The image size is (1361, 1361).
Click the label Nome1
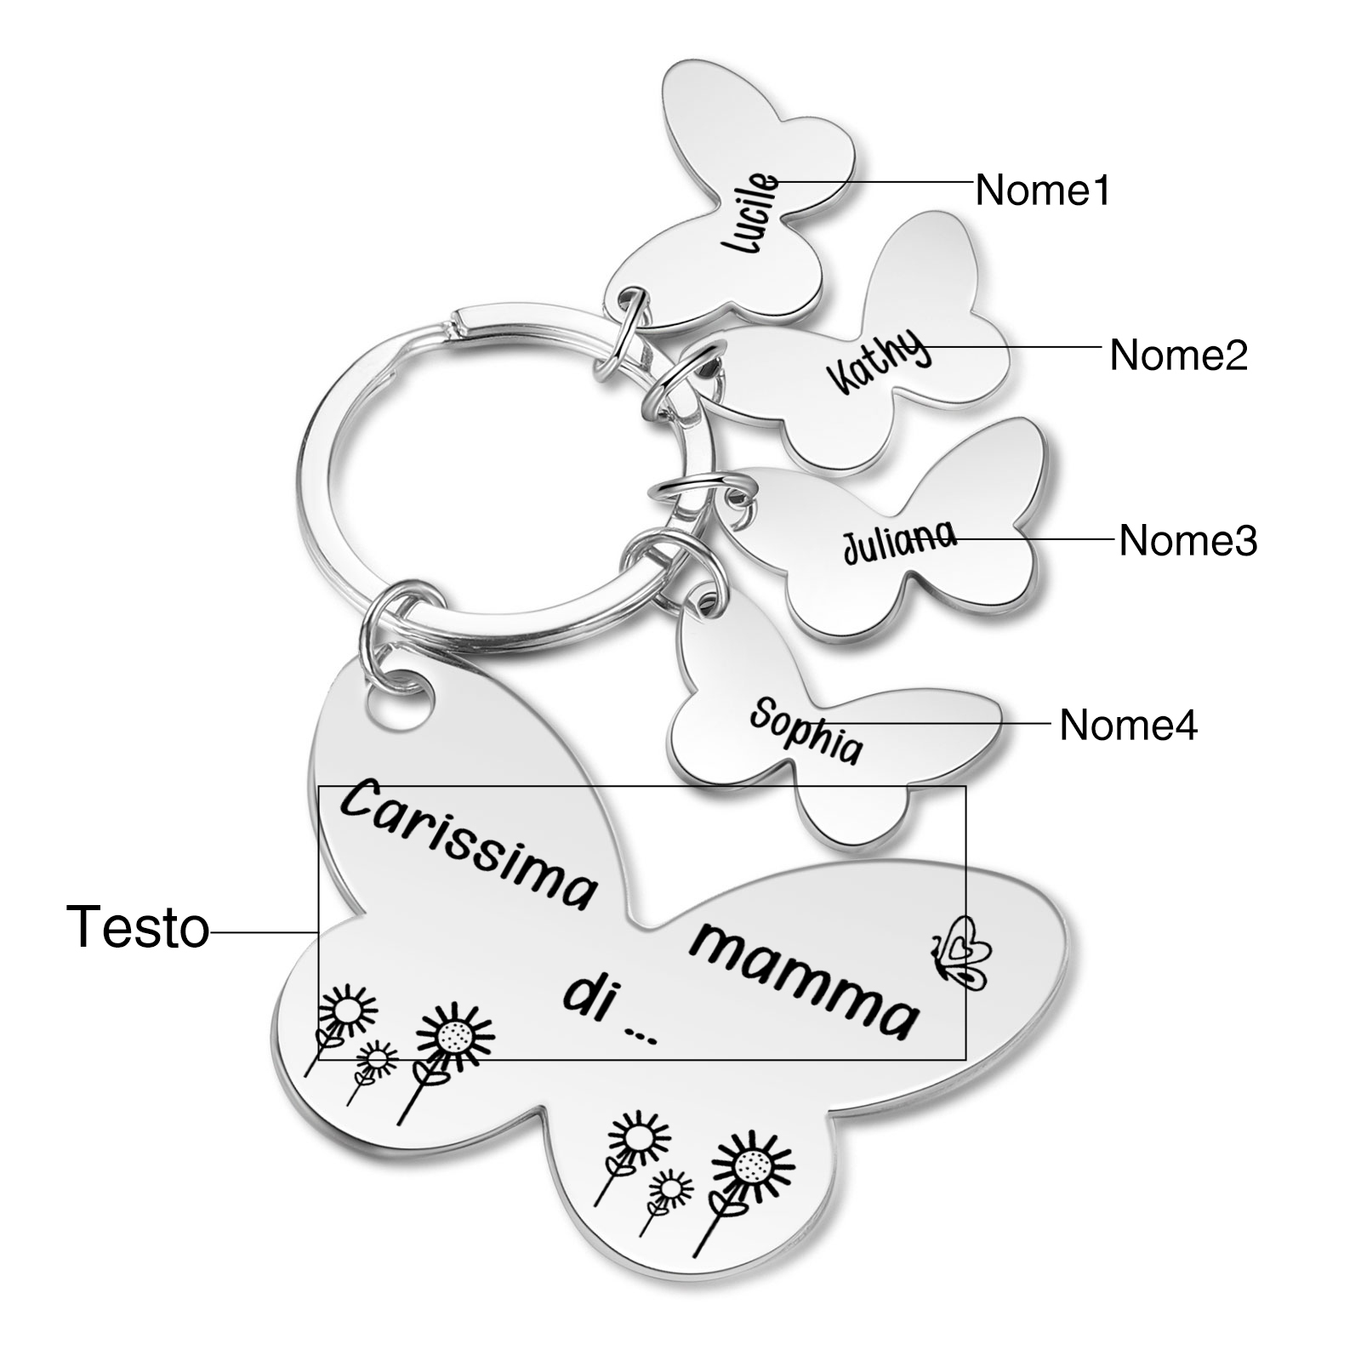1042,190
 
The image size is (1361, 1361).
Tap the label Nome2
1177,354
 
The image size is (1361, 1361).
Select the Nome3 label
1187,540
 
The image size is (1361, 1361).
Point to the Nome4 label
1128,725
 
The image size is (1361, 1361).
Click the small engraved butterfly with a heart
964,951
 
